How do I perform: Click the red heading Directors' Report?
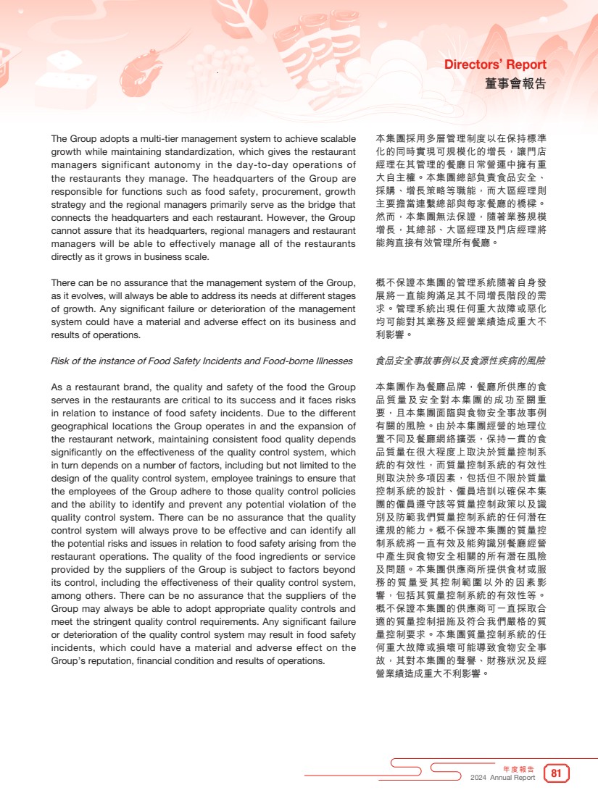click(x=495, y=65)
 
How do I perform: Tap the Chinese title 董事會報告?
click(x=515, y=83)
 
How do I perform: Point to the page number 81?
click(x=557, y=773)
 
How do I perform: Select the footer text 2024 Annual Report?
click(x=502, y=778)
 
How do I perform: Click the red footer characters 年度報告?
click(x=518, y=768)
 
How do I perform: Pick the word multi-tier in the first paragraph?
click(x=154, y=138)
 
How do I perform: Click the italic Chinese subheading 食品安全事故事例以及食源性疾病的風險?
click(x=461, y=361)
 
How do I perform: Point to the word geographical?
click(x=79, y=426)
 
